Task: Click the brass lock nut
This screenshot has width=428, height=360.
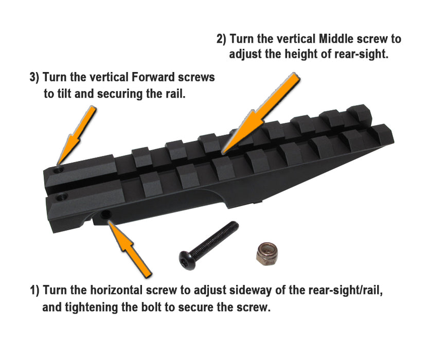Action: [x=266, y=254]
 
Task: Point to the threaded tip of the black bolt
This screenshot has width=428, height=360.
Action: [x=234, y=226]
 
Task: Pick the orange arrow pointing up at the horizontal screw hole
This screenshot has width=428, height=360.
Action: [x=130, y=248]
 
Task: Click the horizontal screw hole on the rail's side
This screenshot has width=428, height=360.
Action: [x=105, y=214]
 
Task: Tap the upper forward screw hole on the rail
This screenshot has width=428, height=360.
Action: [x=59, y=171]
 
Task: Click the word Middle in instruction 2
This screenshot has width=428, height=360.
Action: [x=336, y=39]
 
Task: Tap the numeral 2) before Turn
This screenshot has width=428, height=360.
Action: [x=222, y=39]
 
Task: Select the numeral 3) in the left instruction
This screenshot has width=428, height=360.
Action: [x=34, y=77]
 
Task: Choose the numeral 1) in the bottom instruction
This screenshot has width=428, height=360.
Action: [x=34, y=290]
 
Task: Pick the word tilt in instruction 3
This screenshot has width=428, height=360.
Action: [x=64, y=94]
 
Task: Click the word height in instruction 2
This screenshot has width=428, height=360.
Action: [x=301, y=54]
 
